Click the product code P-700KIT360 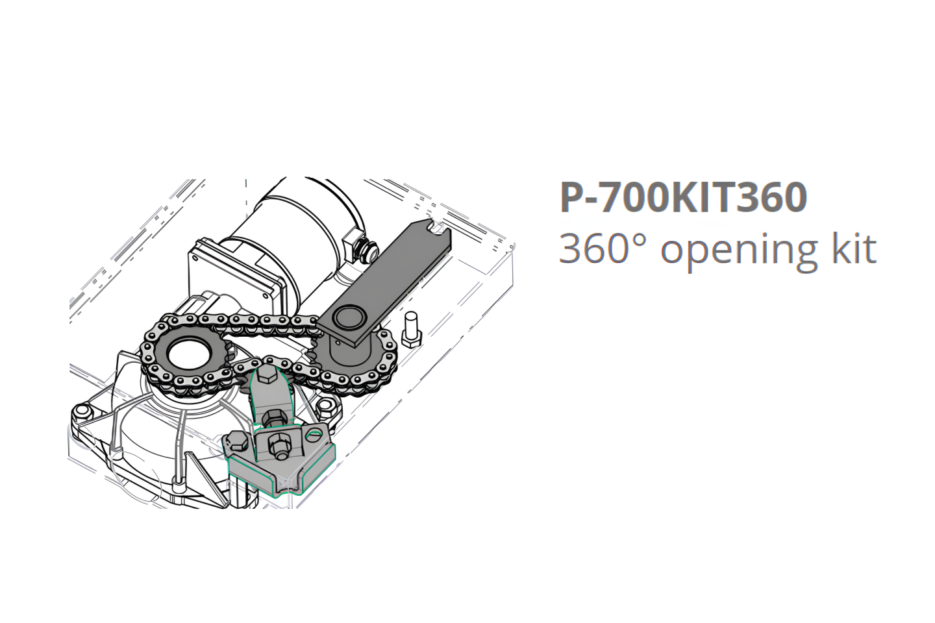tap(683, 198)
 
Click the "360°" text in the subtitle tap(605, 248)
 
